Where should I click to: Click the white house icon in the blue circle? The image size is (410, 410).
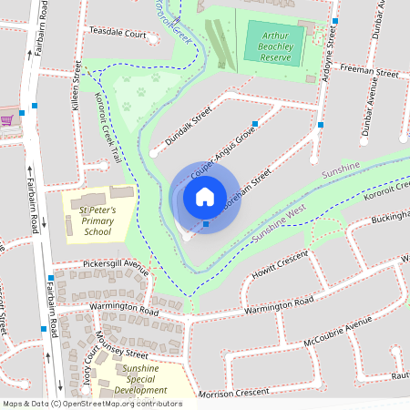pos(204,197)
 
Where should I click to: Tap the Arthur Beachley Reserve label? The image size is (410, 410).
pos(274,45)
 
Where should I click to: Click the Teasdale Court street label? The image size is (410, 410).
pos(117,34)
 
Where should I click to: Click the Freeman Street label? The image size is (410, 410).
pos(369,69)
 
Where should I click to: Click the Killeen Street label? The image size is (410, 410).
pos(76,91)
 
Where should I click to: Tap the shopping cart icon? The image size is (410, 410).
pos(6,119)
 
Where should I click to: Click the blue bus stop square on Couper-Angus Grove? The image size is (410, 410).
pos(255,123)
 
